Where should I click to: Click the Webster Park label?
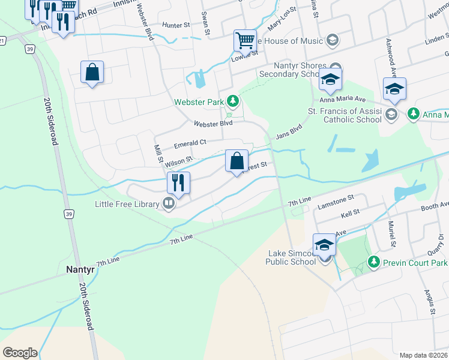point(198,102)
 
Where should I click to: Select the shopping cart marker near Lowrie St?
point(245,41)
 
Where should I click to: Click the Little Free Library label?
point(126,204)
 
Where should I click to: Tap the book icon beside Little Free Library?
point(169,204)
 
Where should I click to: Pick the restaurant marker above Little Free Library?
point(178,182)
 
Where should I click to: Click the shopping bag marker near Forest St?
point(237,160)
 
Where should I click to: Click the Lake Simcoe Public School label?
point(292,257)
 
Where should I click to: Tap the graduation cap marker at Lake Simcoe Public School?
point(325,245)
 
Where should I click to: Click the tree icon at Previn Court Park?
point(374,262)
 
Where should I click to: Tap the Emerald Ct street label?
point(190,143)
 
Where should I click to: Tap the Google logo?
point(19,353)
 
